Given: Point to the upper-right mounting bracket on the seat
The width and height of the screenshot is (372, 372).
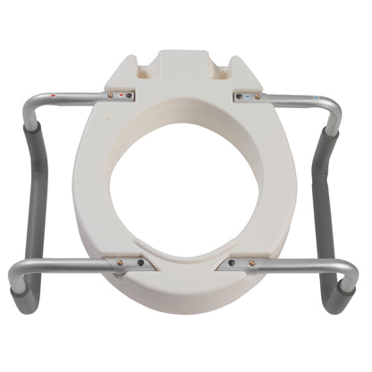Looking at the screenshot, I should pyautogui.click(x=249, y=95).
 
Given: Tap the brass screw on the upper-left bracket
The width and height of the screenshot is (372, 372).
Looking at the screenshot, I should pyautogui.click(x=111, y=94).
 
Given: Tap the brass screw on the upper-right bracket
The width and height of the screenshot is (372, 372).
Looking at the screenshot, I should pyautogui.click(x=260, y=94).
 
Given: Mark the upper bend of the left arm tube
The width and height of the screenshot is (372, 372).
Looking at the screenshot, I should pyautogui.click(x=32, y=100).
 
